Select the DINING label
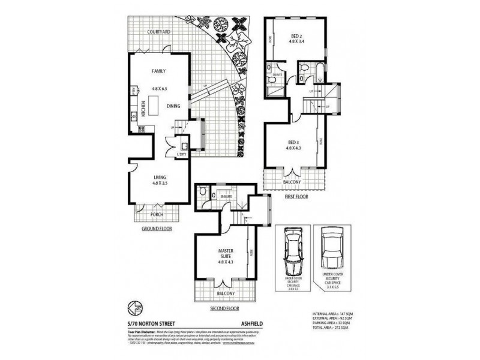(x=174, y=106)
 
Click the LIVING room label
(x=160, y=176)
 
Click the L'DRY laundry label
(x=181, y=156)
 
